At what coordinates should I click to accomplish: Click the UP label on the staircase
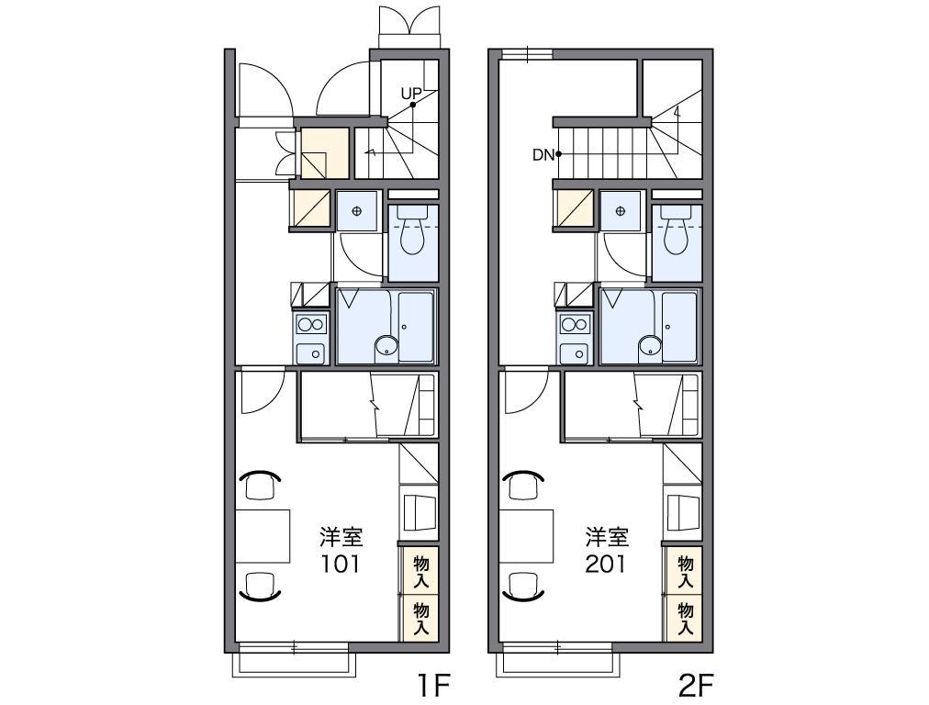[411, 94]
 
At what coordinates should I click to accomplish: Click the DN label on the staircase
[543, 155]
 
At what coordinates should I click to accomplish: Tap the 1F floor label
[435, 687]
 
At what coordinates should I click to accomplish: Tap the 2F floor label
[695, 687]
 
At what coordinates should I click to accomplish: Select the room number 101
[341, 564]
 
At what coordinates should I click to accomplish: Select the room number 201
[605, 564]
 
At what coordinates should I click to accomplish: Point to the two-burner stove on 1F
[311, 325]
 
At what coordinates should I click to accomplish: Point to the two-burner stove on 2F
[576, 325]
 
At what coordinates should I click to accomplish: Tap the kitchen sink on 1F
[311, 353]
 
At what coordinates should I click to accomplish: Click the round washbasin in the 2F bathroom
[649, 346]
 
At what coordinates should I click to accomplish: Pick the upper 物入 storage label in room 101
[421, 571]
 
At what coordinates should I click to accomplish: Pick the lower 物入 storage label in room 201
[686, 619]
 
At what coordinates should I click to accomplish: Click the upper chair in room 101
[260, 484]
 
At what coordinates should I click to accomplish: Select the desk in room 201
[526, 535]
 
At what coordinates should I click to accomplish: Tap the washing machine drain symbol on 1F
[357, 211]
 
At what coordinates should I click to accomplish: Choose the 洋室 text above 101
[341, 537]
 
